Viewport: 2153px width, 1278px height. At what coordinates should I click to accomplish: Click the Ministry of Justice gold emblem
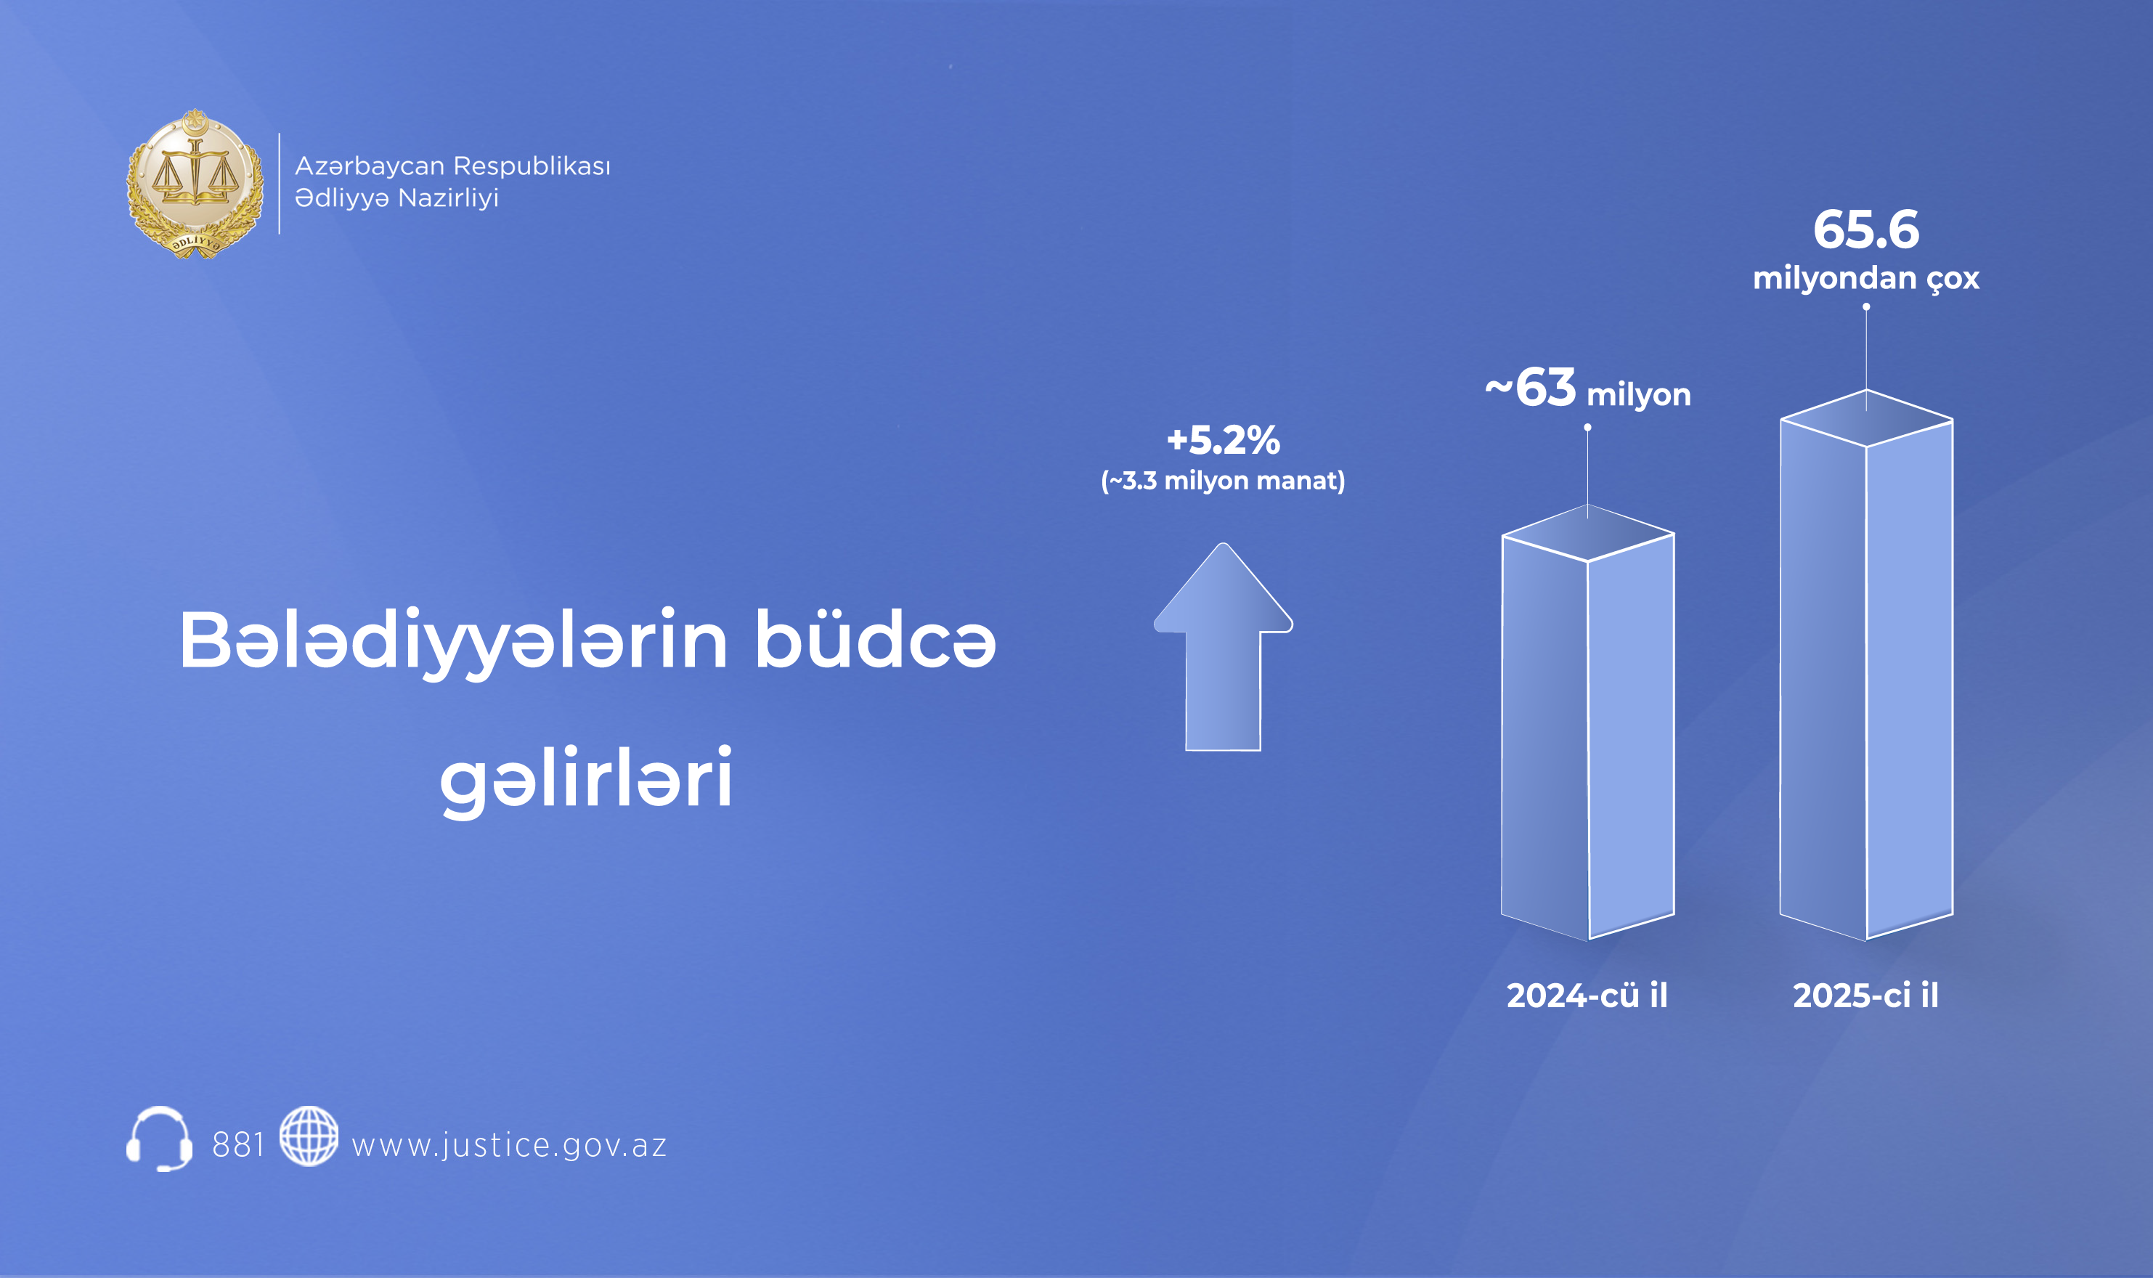(195, 184)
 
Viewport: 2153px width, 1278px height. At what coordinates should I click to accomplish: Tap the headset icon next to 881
(159, 1139)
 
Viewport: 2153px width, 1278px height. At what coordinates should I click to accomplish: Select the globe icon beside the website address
(309, 1136)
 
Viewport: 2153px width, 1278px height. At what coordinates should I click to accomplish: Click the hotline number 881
(237, 1145)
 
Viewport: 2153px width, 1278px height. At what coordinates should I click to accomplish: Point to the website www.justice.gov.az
(509, 1145)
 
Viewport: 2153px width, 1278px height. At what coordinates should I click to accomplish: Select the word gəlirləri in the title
(587, 779)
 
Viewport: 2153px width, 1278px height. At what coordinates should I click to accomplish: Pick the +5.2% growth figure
(1223, 440)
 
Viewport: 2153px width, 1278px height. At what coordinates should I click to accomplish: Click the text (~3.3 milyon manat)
(1223, 481)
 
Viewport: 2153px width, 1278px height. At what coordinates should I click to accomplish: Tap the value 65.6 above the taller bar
(1866, 230)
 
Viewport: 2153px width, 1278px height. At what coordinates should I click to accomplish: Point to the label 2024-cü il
(1587, 996)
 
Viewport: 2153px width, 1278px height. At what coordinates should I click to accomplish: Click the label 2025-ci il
(1865, 996)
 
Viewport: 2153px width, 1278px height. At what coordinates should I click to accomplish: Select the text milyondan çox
(1866, 278)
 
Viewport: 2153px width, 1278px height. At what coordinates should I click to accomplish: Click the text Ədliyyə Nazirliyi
(397, 198)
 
